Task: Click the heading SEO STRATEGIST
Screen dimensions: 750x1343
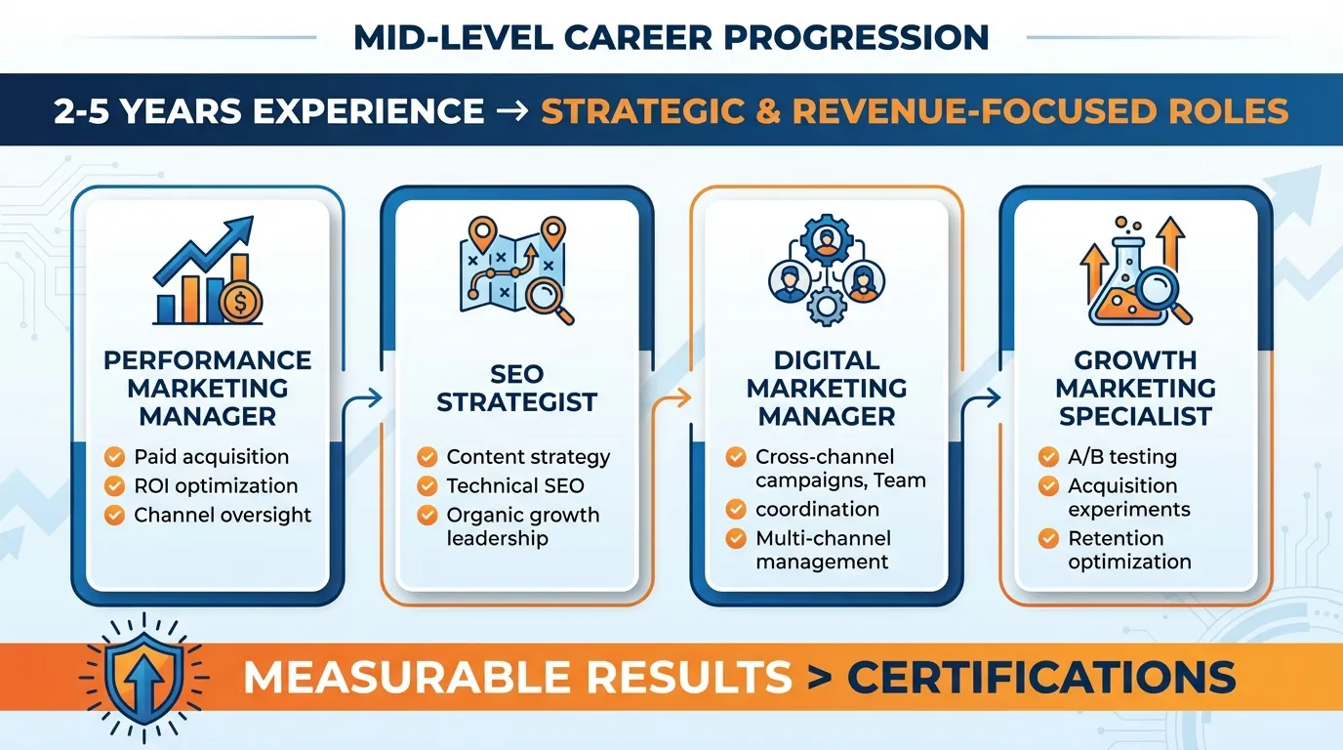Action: click(x=517, y=388)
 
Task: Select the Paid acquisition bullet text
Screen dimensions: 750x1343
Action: click(x=212, y=456)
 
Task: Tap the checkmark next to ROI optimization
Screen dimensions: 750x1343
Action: click(x=115, y=485)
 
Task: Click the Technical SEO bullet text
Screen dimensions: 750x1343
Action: click(x=515, y=485)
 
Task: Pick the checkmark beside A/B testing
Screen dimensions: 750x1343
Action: click(x=1049, y=456)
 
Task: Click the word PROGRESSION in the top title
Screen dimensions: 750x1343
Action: click(x=841, y=37)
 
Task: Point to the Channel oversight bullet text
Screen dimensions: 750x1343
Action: click(x=223, y=515)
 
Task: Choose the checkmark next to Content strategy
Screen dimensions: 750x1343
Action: click(x=427, y=456)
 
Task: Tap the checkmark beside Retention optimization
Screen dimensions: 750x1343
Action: click(x=1049, y=538)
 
